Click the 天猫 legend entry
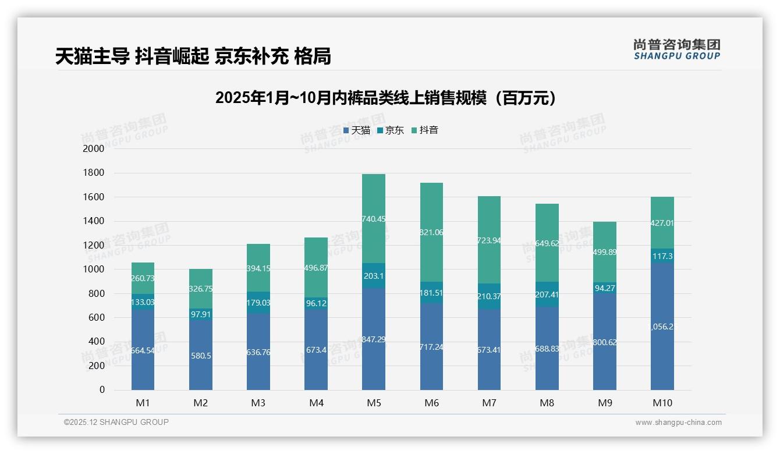pyautogui.click(x=357, y=130)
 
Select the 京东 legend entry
pyautogui.click(x=391, y=130)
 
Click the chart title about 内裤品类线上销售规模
pyautogui.click(x=385, y=98)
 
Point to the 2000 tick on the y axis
pyautogui.click(x=93, y=149)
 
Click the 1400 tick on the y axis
pyautogui.click(x=93, y=221)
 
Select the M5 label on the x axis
pyautogui.click(x=374, y=403)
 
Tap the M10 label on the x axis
pyautogui.click(x=662, y=403)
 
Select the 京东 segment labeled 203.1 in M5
pyautogui.click(x=374, y=276)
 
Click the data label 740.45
pyautogui.click(x=374, y=219)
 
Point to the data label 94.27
pyautogui.click(x=605, y=287)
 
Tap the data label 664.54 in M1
pyautogui.click(x=143, y=350)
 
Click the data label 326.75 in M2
pyautogui.click(x=201, y=289)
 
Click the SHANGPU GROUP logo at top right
pyautogui.click(x=676, y=49)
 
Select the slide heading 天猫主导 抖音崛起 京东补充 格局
pyautogui.click(x=193, y=56)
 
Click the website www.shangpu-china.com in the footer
pyautogui.click(x=678, y=423)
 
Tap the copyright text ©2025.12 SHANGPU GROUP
pyautogui.click(x=116, y=423)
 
